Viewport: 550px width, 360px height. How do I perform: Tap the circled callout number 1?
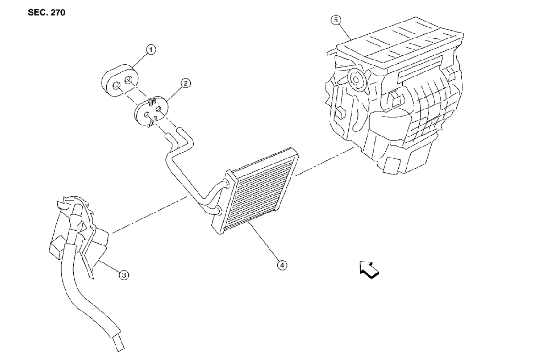coord(150,50)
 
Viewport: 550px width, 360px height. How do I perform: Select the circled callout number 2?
coord(185,83)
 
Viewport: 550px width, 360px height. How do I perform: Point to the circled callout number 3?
coord(123,275)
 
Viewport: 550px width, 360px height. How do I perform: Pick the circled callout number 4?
coord(282,265)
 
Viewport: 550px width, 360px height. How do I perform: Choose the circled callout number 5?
coord(337,21)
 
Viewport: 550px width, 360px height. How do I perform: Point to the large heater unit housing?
coord(394,105)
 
